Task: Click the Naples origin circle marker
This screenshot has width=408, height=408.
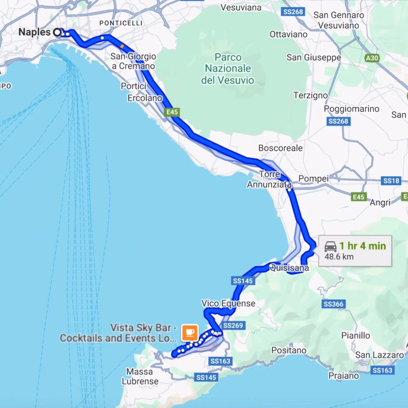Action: pos(57,32)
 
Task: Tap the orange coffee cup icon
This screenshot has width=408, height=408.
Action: pos(190,332)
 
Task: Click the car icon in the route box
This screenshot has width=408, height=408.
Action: pos(330,246)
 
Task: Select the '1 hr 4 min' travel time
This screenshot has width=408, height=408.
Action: pos(362,246)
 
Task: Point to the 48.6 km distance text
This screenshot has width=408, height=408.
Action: pos(339,257)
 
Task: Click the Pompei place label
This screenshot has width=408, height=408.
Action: pos(313,178)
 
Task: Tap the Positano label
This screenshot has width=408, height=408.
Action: pos(289,350)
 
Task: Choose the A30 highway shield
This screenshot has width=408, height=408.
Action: pos(372,58)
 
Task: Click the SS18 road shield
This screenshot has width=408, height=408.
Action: pos(391,181)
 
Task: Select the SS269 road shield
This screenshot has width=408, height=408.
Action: pos(233,326)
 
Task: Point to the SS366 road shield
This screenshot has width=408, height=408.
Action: pos(334,304)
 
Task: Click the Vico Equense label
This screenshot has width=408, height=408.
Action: pos(228,303)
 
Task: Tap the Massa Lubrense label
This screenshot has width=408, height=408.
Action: pos(140,376)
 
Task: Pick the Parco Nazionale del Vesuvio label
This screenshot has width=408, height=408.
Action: pos(228,69)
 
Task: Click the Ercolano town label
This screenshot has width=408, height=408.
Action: pos(145,98)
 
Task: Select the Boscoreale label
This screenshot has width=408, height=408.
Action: pos(280,148)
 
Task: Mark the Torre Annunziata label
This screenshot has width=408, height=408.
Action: pos(269,179)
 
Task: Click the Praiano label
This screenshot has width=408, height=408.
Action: pos(344,376)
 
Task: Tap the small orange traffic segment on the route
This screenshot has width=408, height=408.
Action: pos(122,45)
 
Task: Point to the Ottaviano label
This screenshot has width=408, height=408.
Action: pos(288,34)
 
